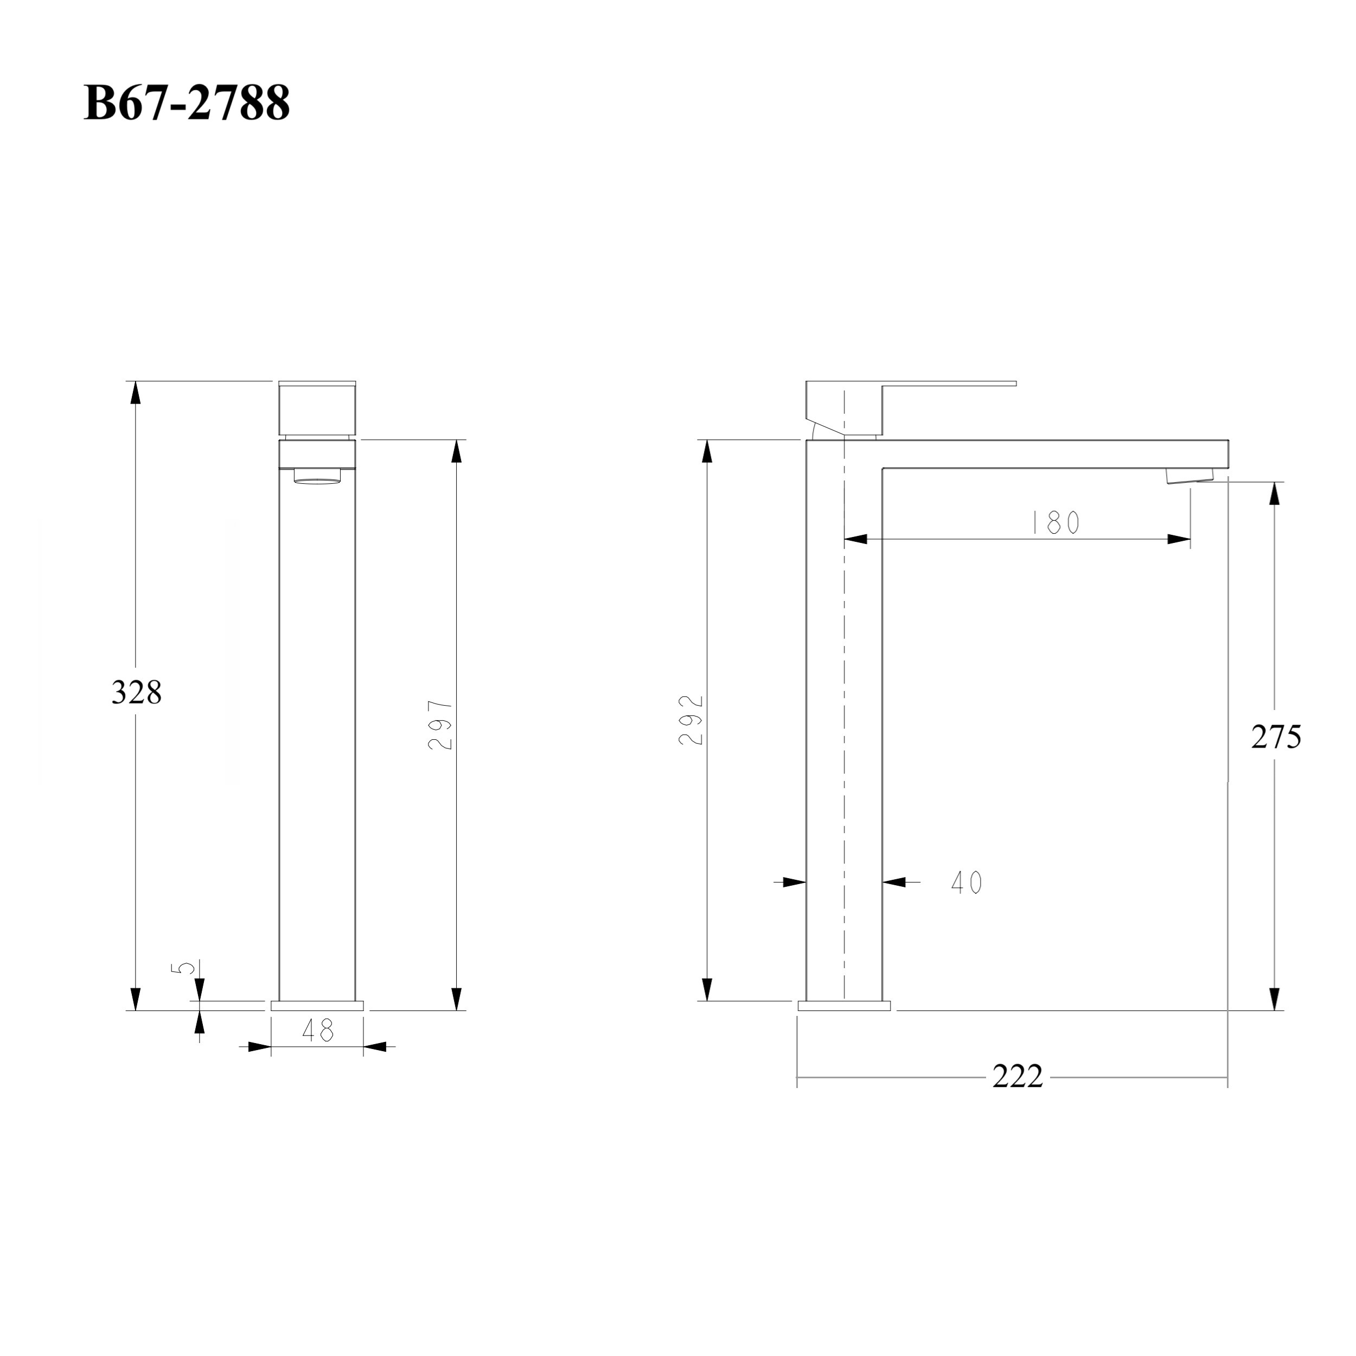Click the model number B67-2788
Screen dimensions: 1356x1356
187,103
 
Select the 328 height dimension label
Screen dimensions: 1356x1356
137,693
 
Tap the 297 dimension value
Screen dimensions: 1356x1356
441,725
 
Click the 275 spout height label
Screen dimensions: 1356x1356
1276,737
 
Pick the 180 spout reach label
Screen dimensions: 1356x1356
1055,522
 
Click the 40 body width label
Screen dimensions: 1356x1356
967,882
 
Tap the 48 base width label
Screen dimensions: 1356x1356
318,1029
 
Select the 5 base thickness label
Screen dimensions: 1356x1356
183,968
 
